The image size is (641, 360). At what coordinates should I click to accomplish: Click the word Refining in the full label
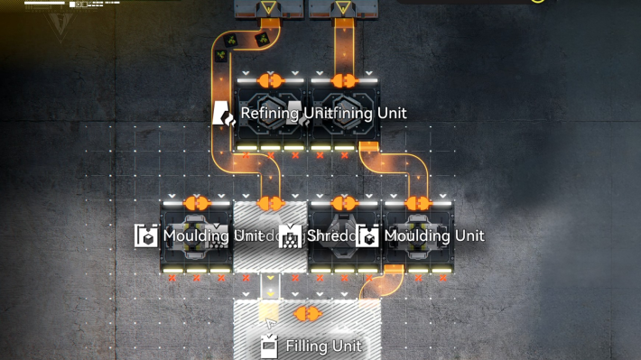(270, 114)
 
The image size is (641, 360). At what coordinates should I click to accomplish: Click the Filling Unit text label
(323, 346)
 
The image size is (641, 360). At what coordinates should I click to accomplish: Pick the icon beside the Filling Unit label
(268, 346)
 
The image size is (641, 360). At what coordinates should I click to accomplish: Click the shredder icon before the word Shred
(290, 236)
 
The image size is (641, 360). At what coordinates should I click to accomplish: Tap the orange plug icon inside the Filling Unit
(309, 314)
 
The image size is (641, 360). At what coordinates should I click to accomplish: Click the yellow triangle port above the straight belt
(343, 10)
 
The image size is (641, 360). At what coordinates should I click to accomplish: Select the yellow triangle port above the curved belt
(270, 10)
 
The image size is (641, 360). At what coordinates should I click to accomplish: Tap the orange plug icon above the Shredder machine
(343, 204)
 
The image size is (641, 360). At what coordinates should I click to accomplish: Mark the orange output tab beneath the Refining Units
(368, 145)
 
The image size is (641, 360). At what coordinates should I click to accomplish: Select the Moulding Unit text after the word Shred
(434, 236)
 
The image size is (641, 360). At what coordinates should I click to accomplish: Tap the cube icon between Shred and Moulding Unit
(367, 236)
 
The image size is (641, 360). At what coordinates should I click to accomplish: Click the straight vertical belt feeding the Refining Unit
(343, 50)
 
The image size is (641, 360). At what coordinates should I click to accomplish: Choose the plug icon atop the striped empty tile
(270, 204)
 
